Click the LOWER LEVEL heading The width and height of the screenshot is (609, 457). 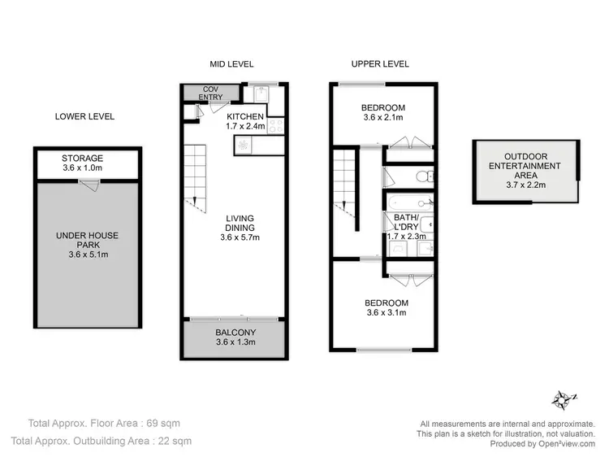84,116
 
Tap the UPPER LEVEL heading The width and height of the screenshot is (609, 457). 379,63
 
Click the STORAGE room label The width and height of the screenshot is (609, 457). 82,159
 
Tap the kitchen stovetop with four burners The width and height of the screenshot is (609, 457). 275,125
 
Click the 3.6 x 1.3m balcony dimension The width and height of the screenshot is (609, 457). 236,342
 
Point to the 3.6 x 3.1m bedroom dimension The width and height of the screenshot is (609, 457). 387,312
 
